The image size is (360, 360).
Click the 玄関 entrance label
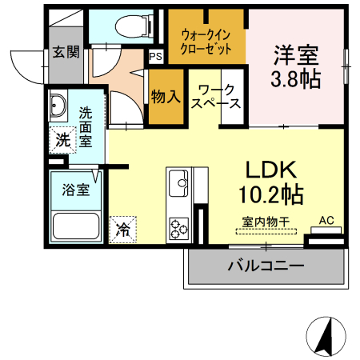point(66,53)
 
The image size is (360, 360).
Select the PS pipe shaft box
point(155,57)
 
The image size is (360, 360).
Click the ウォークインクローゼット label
point(206,41)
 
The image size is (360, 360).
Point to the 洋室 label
point(296,56)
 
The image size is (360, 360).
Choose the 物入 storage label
point(165,97)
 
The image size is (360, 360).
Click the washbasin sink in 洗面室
point(59,106)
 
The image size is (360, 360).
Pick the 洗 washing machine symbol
point(63,139)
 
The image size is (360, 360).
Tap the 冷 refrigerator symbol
point(124,228)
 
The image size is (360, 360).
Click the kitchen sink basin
point(178,183)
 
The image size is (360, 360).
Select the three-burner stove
point(178,228)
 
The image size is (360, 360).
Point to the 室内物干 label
point(266,222)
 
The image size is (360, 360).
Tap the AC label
point(326,220)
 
